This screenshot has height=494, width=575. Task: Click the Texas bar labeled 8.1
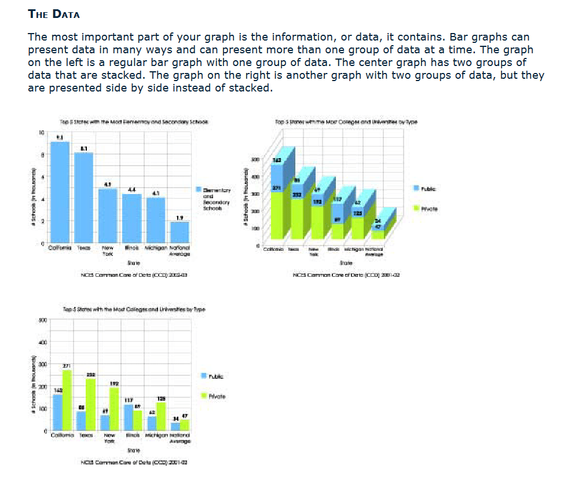[84, 197]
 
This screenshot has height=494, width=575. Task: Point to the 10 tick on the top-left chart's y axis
[41, 133]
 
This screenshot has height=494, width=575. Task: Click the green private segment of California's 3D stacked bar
[276, 214]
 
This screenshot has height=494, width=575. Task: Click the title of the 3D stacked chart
[347, 122]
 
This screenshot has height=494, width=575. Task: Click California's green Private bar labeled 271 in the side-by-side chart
[67, 400]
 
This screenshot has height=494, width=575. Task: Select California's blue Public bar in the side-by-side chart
[57, 412]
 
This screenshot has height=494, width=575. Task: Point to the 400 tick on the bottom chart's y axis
[41, 342]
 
